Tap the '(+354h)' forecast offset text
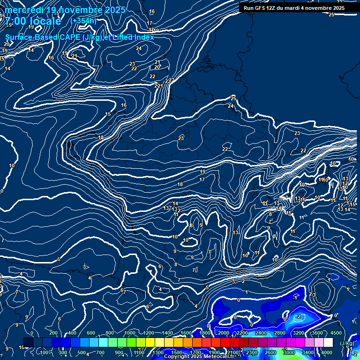pos(83,21)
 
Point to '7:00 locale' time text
pos(33,21)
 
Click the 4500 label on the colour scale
pos(336,333)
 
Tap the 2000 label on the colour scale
pos(224,333)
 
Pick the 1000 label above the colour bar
pos(130,333)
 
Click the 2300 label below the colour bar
pos(252,352)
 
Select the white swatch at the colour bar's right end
pos(328,343)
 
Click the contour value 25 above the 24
pos(233,98)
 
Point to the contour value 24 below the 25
pos(231,106)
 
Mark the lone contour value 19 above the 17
pos(203,172)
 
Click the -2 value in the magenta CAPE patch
pos(298,317)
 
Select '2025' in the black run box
pos(337,8)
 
